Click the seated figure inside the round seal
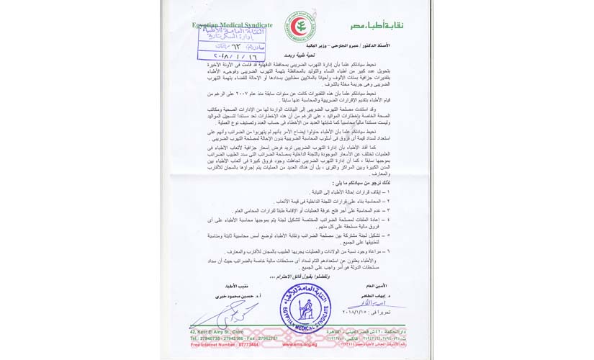(x=304, y=308)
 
